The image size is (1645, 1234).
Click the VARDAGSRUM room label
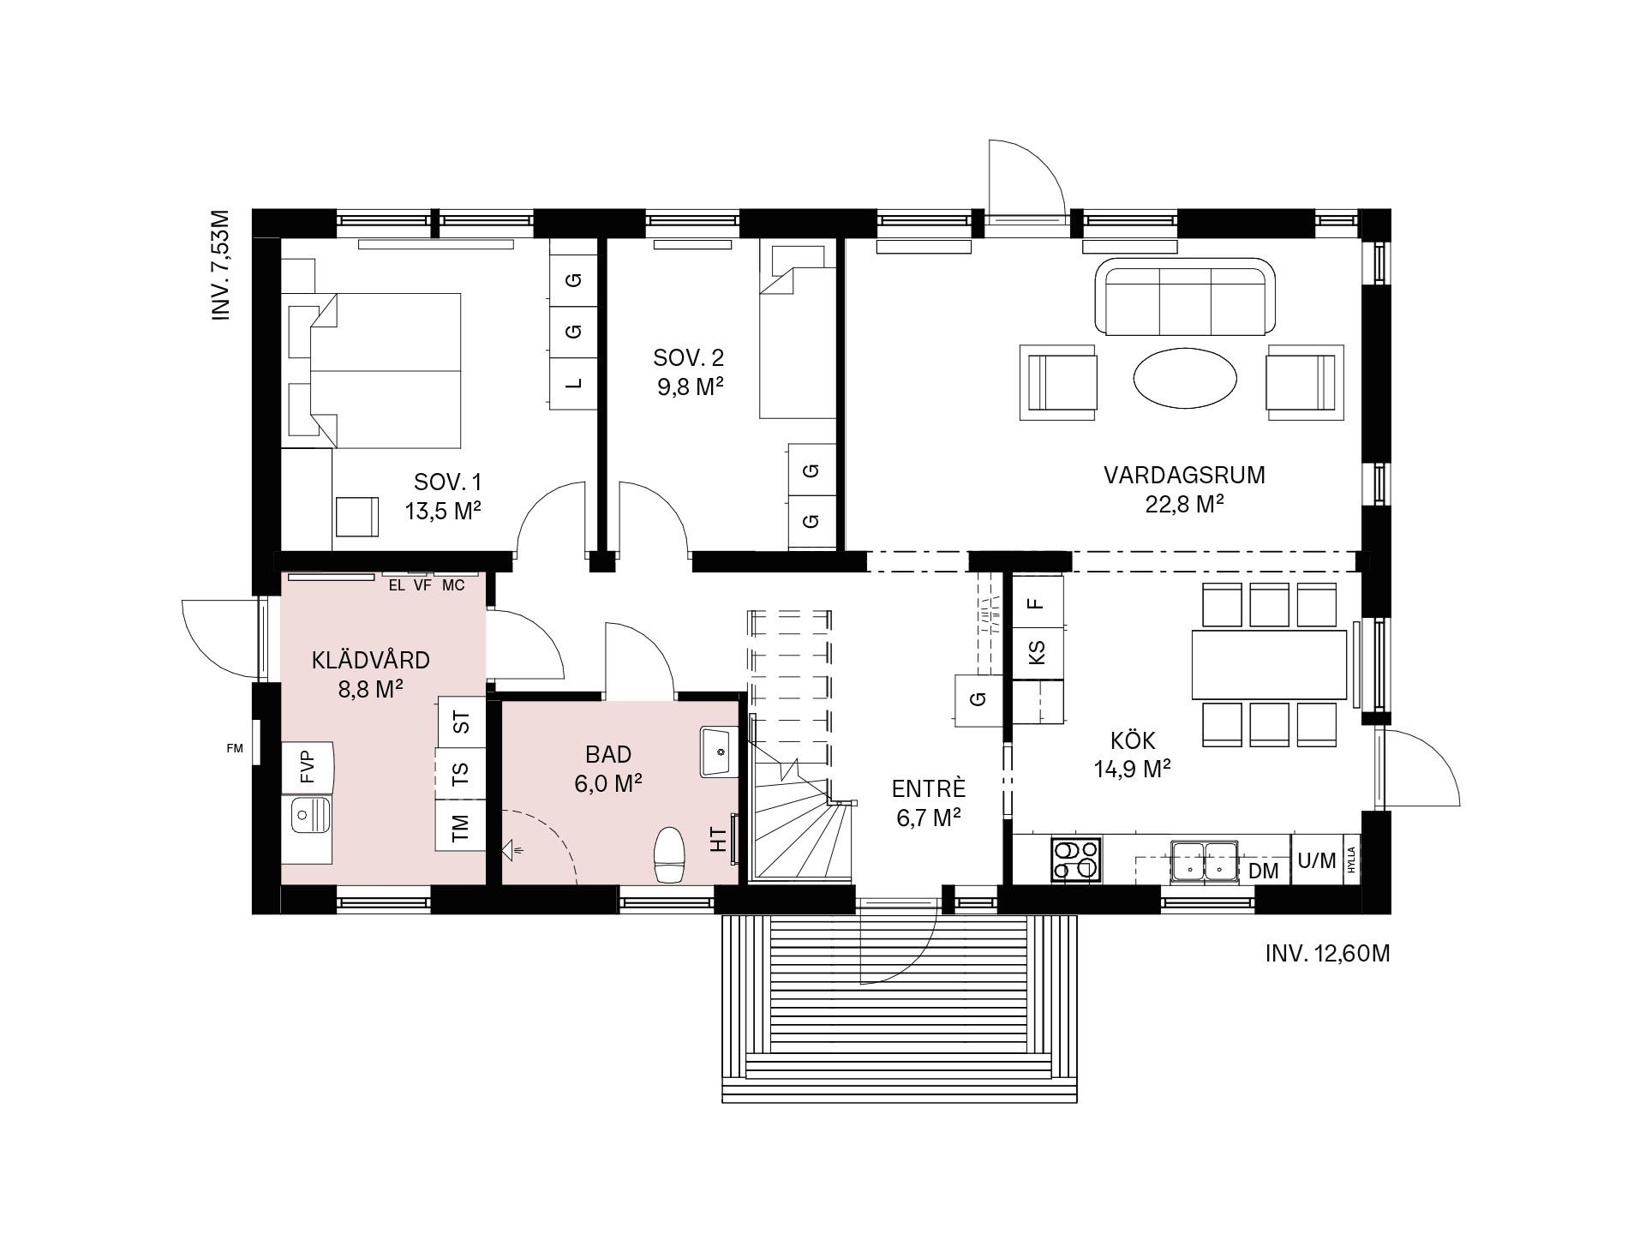tap(1183, 475)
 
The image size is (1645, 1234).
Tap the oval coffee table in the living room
tap(1186, 377)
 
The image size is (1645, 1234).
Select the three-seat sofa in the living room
tap(1185, 297)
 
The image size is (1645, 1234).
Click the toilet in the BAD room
tap(670, 854)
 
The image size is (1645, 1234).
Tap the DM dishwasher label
tap(1264, 872)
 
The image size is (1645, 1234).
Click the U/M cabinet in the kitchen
tap(1317, 860)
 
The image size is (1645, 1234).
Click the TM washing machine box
tap(461, 825)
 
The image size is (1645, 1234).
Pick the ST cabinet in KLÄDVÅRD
tap(462, 722)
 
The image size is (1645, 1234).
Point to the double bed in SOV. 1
tap(386, 370)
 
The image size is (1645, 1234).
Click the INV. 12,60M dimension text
tap(1327, 954)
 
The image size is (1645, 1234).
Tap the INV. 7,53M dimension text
tap(222, 265)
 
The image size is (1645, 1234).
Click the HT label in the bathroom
tap(718, 840)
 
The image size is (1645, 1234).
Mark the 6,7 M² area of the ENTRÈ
tap(928, 818)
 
